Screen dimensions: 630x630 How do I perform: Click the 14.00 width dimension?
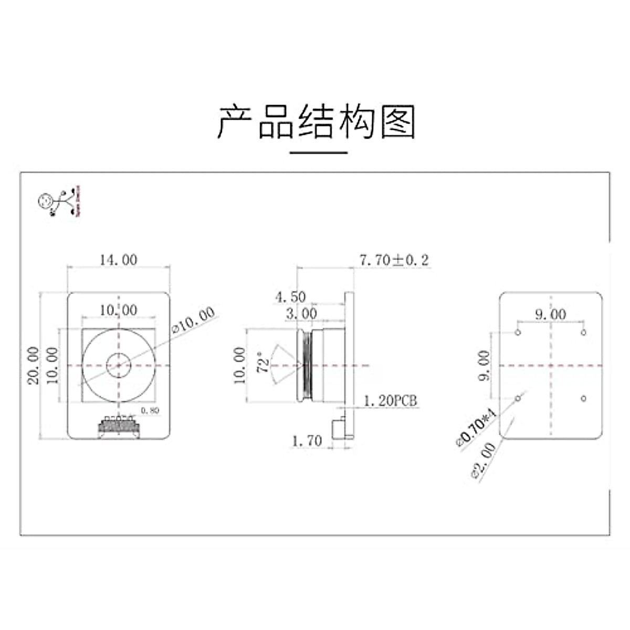pyautogui.click(x=119, y=260)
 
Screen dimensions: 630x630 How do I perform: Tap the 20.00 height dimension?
pyautogui.click(x=34, y=365)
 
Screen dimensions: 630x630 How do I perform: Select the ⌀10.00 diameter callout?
pyautogui.click(x=194, y=320)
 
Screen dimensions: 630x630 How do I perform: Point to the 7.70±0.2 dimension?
pyautogui.click(x=394, y=259)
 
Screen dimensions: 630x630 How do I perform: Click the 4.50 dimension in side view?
pyautogui.click(x=290, y=297)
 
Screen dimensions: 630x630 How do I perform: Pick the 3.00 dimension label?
pyautogui.click(x=301, y=314)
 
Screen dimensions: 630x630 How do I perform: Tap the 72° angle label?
pyautogui.click(x=265, y=363)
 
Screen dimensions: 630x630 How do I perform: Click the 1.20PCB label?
pyautogui.click(x=391, y=402)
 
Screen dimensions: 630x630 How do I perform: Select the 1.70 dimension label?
pyautogui.click(x=307, y=440)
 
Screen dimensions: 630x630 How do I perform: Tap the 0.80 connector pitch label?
pyautogui.click(x=150, y=411)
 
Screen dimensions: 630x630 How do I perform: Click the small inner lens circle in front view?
pyautogui.click(x=119, y=365)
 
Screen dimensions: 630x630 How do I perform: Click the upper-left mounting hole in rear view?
pyautogui.click(x=518, y=333)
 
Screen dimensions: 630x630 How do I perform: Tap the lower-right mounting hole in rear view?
pyautogui.click(x=583, y=399)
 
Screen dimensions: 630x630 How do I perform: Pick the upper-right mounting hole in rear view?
pyautogui.click(x=583, y=333)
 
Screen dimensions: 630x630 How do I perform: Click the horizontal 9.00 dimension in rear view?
pyautogui.click(x=550, y=314)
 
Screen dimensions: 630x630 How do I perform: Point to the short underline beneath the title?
pyautogui.click(x=319, y=153)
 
